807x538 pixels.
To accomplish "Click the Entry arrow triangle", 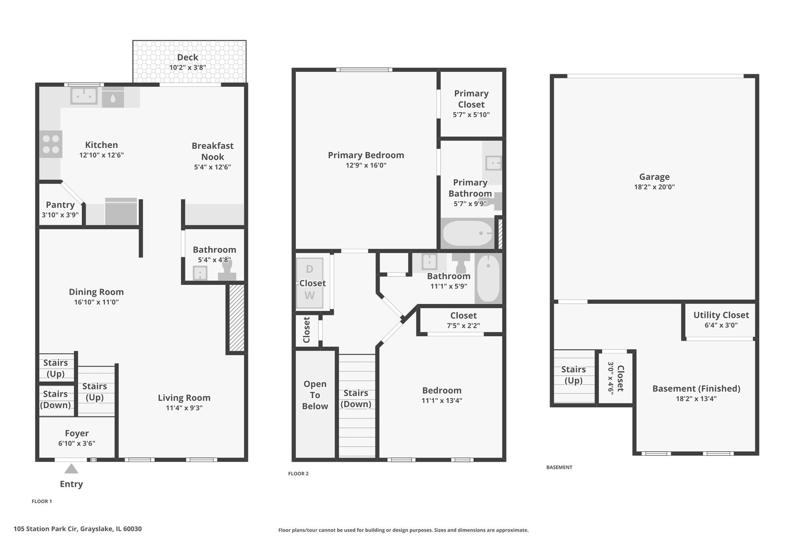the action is click(x=71, y=468).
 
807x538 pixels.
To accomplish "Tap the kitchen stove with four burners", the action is click(x=51, y=144).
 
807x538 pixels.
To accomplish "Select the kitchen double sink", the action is click(x=84, y=96).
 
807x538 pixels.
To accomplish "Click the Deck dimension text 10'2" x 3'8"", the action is click(x=188, y=67).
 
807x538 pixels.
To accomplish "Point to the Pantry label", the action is click(x=60, y=205).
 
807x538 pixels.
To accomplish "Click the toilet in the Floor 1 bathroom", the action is click(x=227, y=270).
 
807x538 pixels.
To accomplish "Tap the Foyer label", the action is click(x=77, y=433).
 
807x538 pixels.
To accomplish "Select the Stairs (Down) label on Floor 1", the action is click(x=55, y=400).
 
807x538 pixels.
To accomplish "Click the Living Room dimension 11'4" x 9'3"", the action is click(x=184, y=408).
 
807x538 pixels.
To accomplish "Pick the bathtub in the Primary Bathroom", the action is click(x=468, y=233).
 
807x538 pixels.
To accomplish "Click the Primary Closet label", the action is click(x=471, y=99).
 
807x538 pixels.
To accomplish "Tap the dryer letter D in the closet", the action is click(x=309, y=269).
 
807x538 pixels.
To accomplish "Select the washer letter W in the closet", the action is click(x=309, y=295).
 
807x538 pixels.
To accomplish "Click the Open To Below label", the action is click(x=315, y=395).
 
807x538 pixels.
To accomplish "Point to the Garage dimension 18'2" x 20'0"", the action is click(x=654, y=187).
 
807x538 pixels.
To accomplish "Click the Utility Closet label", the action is click(x=721, y=315).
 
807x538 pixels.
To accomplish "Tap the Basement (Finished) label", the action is click(x=696, y=389).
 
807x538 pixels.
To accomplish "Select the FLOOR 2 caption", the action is click(x=298, y=474).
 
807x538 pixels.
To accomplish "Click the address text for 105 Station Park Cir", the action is click(x=77, y=529).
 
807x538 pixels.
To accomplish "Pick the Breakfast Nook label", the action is click(x=213, y=151).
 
